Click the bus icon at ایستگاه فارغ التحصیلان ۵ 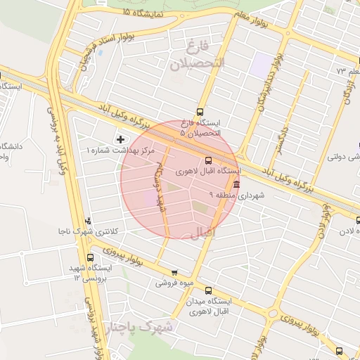[x=200, y=111]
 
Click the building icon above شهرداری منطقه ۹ [x=235, y=185]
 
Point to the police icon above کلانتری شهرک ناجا [x=87, y=221]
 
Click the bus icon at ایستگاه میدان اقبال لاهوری [x=207, y=290]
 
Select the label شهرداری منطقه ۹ [x=236, y=195]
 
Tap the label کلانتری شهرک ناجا [x=88, y=231]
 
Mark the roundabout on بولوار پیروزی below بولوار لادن [x=272, y=310]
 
